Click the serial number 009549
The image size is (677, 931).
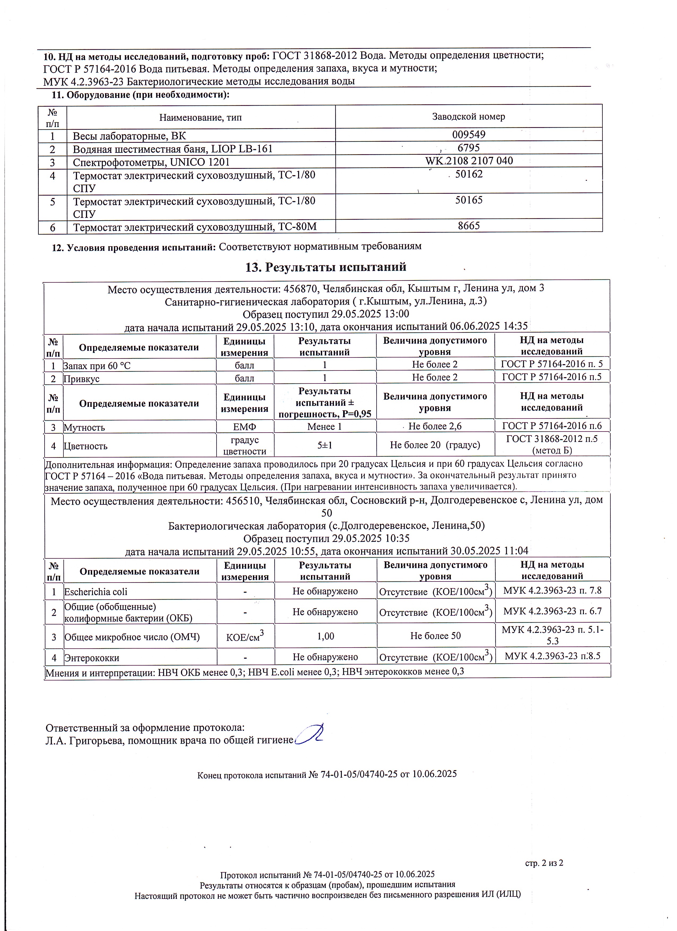click(469, 135)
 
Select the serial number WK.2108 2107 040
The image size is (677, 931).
click(469, 161)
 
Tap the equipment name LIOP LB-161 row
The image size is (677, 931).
click(173, 149)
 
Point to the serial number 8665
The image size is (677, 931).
click(469, 226)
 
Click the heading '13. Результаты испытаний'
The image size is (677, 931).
click(326, 267)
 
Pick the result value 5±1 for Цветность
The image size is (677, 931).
click(325, 445)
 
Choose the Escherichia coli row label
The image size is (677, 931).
click(96, 592)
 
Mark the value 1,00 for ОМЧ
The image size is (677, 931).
click(326, 636)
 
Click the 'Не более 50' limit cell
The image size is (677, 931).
click(435, 636)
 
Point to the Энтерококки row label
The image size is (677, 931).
click(92, 658)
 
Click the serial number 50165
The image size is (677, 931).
click(469, 200)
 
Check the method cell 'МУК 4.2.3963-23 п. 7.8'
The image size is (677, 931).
click(552, 591)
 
